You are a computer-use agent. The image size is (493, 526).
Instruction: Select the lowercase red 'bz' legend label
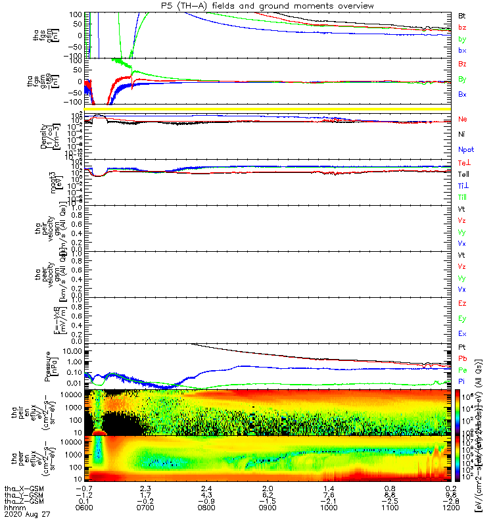pyautogui.click(x=462, y=28)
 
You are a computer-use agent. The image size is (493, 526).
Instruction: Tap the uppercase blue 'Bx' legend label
pyautogui.click(x=462, y=94)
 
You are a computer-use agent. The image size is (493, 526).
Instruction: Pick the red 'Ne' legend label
pyautogui.click(x=462, y=119)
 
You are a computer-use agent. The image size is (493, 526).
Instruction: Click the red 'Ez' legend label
pyautogui.click(x=462, y=303)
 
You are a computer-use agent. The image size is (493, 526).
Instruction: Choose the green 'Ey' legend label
pyautogui.click(x=462, y=318)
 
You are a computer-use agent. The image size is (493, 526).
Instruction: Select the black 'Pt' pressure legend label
pyautogui.click(x=462, y=347)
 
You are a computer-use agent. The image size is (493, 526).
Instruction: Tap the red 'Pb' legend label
pyautogui.click(x=462, y=358)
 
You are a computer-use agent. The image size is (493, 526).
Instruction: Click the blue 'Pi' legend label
pyautogui.click(x=462, y=381)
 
